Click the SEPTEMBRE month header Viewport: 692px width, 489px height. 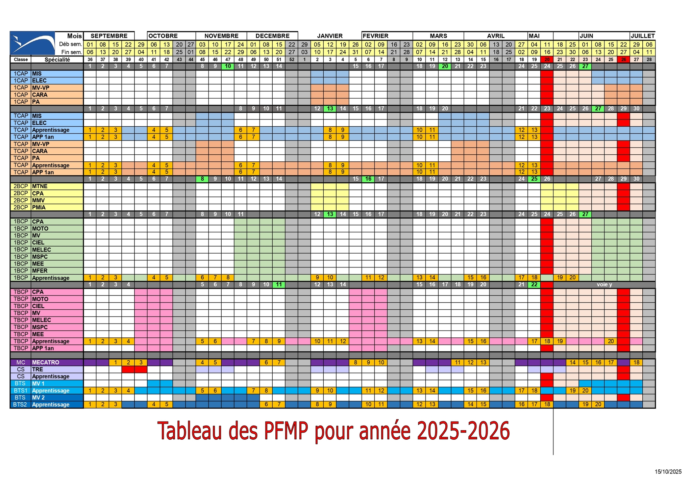click(109, 36)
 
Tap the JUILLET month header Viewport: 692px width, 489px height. click(642, 36)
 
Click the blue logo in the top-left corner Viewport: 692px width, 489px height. click(32, 43)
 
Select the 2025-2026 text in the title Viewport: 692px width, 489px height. click(463, 431)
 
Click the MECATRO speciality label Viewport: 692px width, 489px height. click(45, 362)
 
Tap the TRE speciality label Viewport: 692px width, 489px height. click(38, 369)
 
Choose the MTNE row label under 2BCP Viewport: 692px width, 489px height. click(40, 186)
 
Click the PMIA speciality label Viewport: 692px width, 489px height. click(39, 207)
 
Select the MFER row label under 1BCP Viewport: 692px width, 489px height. click(40, 271)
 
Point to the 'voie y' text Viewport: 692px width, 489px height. click(604, 285)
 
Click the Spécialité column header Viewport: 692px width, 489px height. click(57, 60)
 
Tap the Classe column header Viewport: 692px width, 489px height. click(21, 60)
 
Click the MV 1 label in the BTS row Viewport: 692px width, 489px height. click(38, 384)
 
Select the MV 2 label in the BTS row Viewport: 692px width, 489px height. click(38, 397)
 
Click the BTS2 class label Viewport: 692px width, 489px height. click(20, 405)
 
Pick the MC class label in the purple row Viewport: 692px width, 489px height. click(21, 362)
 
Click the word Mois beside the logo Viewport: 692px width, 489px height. click(74, 36)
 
